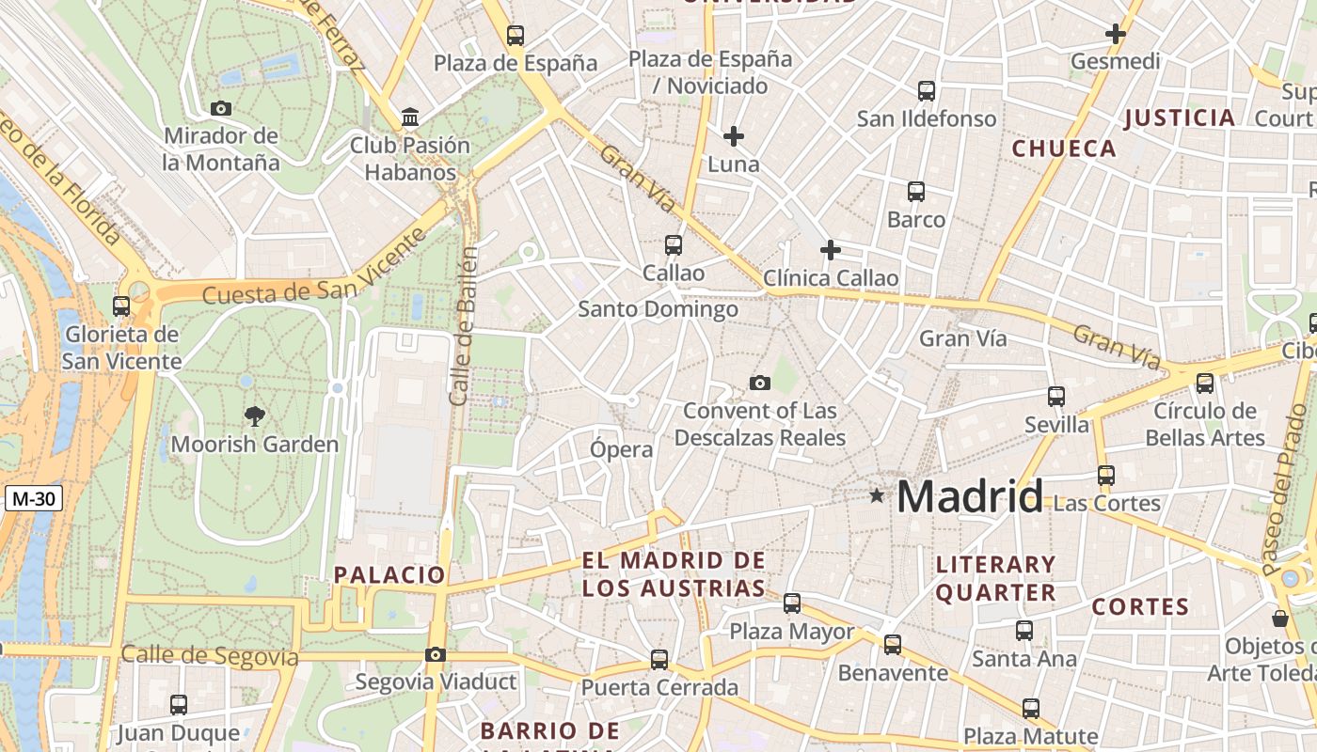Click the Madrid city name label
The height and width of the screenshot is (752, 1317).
(x=969, y=496)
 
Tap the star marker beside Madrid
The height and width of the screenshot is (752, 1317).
(x=877, y=494)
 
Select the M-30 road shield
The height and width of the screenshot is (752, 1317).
(x=33, y=499)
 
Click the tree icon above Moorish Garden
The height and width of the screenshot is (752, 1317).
(x=254, y=416)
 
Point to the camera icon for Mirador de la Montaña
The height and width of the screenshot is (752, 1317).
(x=221, y=108)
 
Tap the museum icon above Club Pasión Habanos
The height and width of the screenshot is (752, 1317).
(x=410, y=117)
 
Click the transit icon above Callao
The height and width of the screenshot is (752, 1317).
(x=673, y=245)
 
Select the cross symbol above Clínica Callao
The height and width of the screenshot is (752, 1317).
(x=830, y=250)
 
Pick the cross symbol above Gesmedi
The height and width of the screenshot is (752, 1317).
(x=1115, y=34)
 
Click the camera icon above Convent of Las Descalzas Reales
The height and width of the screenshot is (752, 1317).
(x=759, y=383)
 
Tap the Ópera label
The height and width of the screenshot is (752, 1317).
(x=621, y=449)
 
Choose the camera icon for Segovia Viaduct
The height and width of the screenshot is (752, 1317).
(x=435, y=654)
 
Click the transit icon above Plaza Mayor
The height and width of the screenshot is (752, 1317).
(x=792, y=603)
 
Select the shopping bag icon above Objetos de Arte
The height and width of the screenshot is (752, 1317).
(x=1279, y=619)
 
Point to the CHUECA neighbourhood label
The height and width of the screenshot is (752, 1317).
(x=1064, y=149)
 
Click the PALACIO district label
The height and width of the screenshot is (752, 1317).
(x=389, y=574)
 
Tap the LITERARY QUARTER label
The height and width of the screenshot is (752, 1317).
(x=995, y=578)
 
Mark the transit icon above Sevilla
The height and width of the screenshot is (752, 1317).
(x=1056, y=397)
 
